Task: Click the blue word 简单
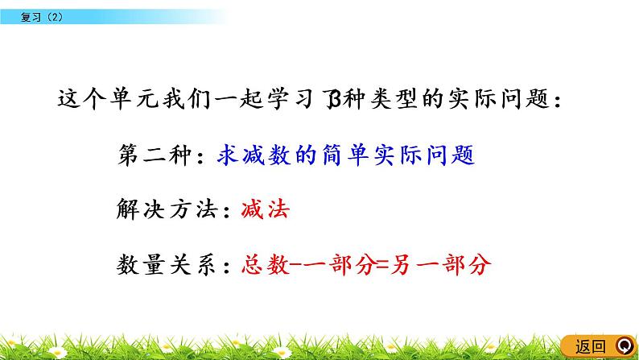[x=346, y=155]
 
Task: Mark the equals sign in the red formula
[x=371, y=266]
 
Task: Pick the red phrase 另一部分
[x=434, y=266]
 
